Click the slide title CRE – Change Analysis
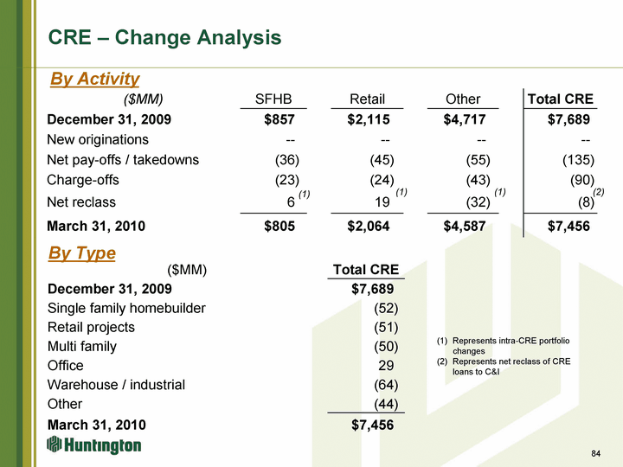click(164, 38)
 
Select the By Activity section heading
click(94, 79)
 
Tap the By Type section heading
click(82, 253)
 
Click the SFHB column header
click(273, 99)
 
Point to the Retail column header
click(367, 99)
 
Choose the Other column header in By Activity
click(462, 99)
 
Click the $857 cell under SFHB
click(280, 119)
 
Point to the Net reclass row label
click(81, 202)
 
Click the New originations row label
click(98, 139)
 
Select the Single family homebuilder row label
click(126, 309)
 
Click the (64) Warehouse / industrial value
click(384, 385)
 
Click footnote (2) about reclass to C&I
click(511, 366)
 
